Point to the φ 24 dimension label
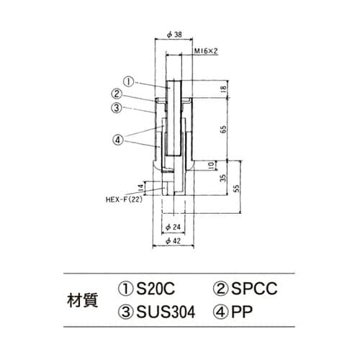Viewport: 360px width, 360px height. click(171, 227)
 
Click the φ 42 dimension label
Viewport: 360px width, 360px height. click(171, 240)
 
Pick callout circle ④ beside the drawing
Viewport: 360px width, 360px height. click(117, 139)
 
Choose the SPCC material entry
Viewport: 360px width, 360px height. click(246, 289)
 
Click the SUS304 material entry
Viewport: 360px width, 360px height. click(158, 314)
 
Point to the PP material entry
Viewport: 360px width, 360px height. click(236, 314)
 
